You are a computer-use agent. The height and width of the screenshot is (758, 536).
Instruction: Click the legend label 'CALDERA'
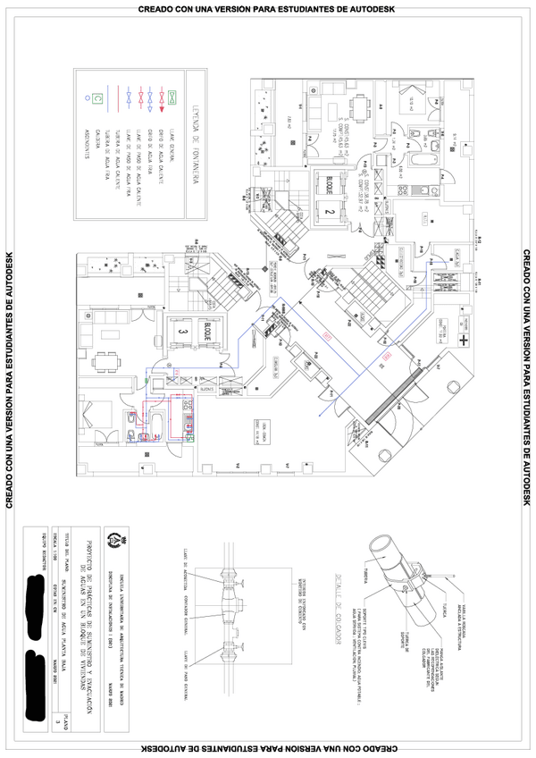(100, 146)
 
